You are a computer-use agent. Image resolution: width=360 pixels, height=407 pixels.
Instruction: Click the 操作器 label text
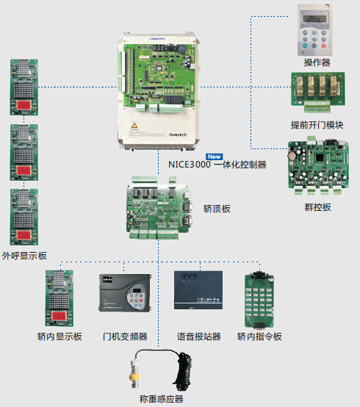(x=317, y=62)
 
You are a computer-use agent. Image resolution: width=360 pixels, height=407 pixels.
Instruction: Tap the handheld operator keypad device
(x=315, y=29)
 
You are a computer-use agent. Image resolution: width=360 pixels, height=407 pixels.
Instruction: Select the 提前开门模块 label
(x=317, y=125)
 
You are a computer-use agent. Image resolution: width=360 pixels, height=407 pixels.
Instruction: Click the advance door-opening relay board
(x=318, y=92)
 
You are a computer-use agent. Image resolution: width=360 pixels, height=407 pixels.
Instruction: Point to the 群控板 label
(x=317, y=207)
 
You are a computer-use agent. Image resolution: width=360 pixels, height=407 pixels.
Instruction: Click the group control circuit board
(x=318, y=165)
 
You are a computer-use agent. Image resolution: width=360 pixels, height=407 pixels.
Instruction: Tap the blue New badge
(x=214, y=156)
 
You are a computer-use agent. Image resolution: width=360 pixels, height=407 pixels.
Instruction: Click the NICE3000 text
(x=190, y=165)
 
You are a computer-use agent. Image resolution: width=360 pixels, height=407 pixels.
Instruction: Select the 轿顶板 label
(x=217, y=209)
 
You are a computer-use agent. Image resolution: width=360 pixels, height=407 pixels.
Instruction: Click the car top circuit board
(x=159, y=208)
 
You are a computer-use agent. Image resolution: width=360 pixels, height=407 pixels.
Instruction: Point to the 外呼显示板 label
(x=24, y=256)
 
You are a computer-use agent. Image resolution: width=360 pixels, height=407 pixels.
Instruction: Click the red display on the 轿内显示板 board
(x=59, y=316)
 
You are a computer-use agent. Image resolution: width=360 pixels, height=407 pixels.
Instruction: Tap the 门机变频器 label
(x=125, y=336)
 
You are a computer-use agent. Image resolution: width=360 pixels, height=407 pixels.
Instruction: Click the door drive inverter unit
(x=125, y=293)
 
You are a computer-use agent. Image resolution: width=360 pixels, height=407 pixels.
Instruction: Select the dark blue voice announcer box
(x=198, y=290)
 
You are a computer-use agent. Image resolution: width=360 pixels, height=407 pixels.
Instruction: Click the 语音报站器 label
(x=199, y=336)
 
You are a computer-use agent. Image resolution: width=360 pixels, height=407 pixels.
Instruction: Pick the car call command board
(x=259, y=300)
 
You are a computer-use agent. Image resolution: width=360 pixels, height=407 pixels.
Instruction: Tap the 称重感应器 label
(x=161, y=399)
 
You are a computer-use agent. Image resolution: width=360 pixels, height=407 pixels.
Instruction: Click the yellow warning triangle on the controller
(x=134, y=125)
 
